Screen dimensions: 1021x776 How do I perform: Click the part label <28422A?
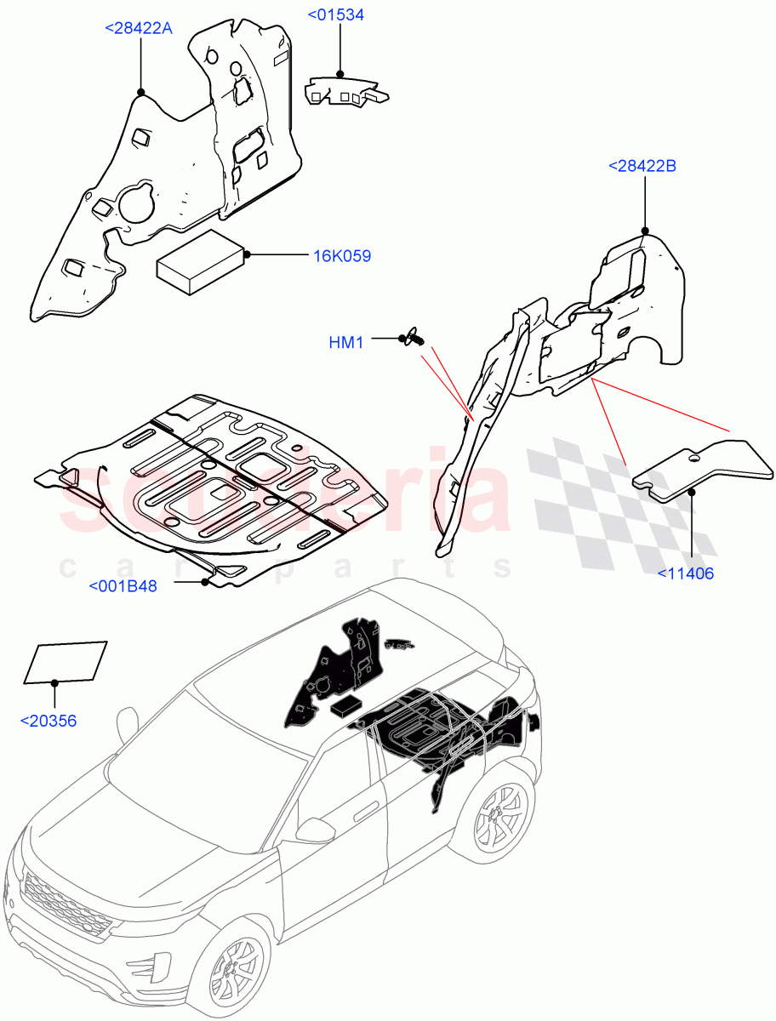139,28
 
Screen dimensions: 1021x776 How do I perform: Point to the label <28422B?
642,166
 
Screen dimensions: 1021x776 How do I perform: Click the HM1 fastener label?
346,342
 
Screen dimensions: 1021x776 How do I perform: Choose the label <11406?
686,573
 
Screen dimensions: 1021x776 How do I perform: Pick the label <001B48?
123,585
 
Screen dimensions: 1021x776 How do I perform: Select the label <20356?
48,721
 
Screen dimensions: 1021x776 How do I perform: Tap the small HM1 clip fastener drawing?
414,338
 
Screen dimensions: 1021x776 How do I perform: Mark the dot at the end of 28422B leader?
645,231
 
